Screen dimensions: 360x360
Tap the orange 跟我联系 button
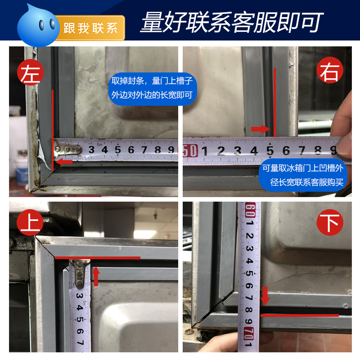pos(90,27)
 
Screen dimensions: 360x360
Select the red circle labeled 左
pos(31,72)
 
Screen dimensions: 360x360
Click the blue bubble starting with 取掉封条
pos(152,89)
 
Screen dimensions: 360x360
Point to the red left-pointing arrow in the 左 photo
pos(65,162)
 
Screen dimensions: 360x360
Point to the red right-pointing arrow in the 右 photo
pos(260,129)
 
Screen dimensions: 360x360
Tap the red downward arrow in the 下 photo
pos(265,297)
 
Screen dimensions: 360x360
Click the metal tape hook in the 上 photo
pos(80,271)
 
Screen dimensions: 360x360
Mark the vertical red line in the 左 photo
pos(53,130)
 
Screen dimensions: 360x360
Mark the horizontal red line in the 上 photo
pos(97,258)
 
